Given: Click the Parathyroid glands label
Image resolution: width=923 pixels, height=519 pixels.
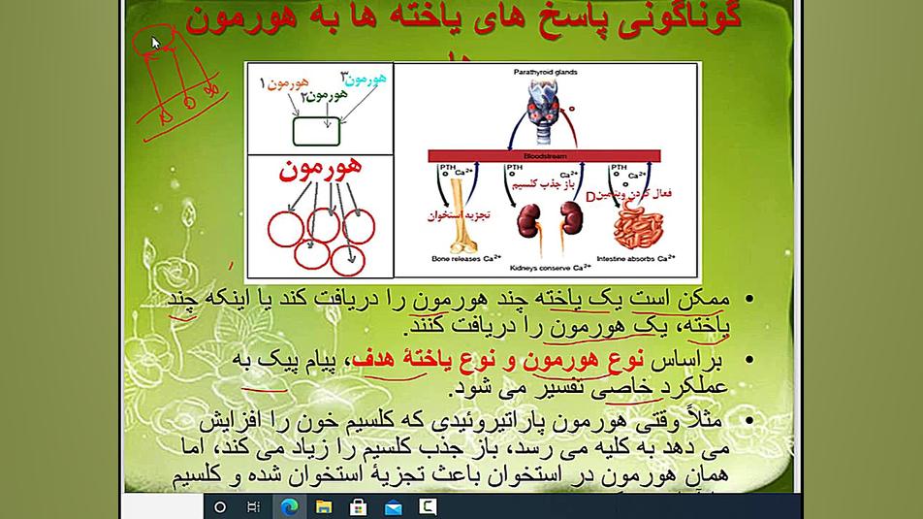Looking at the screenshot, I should tap(547, 72).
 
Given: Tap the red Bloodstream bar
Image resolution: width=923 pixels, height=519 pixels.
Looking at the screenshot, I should tap(544, 155).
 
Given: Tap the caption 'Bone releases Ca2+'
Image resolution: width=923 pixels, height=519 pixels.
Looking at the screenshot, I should tap(465, 259).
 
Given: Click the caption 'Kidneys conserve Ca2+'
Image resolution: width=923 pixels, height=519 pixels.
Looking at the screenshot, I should tap(554, 266).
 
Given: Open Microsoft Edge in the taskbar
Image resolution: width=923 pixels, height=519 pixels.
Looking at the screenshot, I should tap(288, 506).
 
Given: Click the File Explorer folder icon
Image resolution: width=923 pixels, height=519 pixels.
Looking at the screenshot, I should tap(323, 506).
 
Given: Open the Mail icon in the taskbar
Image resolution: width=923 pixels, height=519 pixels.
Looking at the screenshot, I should tap(393, 506).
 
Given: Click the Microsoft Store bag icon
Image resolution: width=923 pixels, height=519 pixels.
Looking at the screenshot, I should tap(358, 506).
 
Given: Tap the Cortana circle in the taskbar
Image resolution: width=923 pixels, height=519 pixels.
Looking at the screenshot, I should tap(219, 506).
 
